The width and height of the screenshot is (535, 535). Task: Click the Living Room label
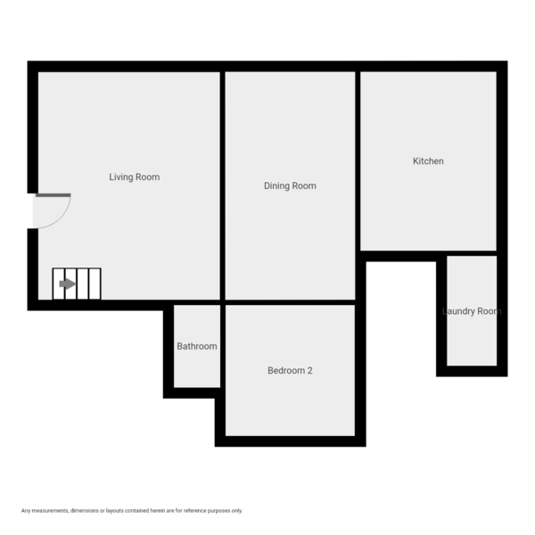pos(134,177)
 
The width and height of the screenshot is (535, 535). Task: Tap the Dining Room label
pos(290,186)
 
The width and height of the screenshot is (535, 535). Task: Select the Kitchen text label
pos(428,161)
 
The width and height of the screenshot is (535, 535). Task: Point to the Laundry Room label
pos(472,311)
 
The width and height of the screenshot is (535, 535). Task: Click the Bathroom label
pos(196,346)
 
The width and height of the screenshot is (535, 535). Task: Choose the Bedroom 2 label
pos(290,371)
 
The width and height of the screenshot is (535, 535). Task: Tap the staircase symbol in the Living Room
pos(77,284)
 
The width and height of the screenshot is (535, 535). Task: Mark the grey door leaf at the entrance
pos(53,194)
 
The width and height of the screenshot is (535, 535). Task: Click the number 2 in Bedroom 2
pos(309,371)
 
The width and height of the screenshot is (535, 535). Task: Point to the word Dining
pos(277,186)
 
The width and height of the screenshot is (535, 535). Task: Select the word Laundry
pos(458,311)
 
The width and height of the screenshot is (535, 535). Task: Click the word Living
pos(121,177)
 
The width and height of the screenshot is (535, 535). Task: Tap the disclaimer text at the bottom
pos(132,510)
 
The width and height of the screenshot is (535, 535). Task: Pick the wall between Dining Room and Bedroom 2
pos(290,302)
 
